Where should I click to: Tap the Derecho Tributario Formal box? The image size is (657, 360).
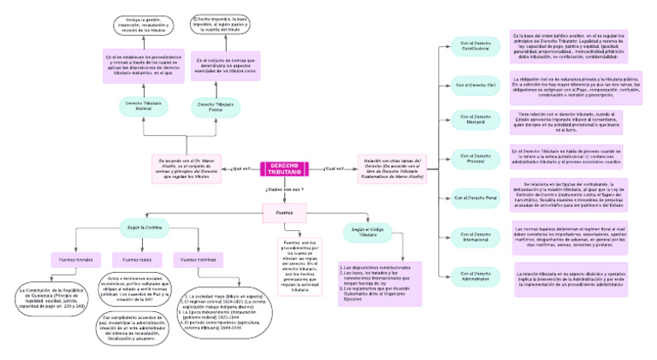(212, 106)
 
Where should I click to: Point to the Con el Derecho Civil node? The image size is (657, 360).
(476, 86)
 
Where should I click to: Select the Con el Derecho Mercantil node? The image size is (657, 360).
(476, 118)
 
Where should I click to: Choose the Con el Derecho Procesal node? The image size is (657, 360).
(476, 157)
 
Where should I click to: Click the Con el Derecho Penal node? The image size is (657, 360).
(476, 198)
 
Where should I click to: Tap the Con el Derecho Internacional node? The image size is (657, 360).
(476, 235)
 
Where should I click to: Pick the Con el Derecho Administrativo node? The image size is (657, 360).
(476, 275)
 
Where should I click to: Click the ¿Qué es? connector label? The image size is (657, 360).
(242, 169)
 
